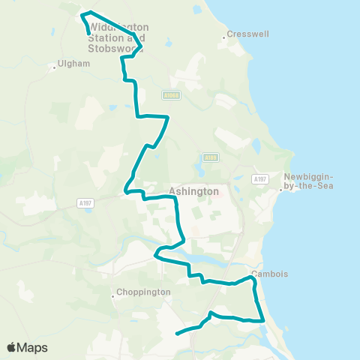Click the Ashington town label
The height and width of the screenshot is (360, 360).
(194, 191)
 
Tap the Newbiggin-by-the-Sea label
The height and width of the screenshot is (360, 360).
(308, 181)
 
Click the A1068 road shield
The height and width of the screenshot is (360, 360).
(171, 95)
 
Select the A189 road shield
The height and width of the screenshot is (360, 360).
(209, 157)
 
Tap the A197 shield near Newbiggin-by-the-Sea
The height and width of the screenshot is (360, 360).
(260, 178)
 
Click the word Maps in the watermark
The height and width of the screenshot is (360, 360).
(32, 348)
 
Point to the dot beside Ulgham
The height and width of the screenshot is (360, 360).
(55, 67)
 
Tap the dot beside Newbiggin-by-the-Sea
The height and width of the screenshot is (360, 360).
(280, 189)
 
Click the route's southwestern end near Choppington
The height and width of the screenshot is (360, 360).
(177, 333)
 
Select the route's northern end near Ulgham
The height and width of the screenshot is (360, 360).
(90, 34)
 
